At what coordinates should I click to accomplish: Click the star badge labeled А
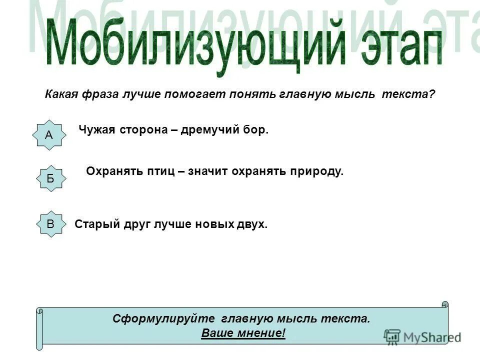click(49, 135)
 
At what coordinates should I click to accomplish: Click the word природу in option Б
click(315, 171)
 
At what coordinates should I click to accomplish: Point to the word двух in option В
click(252, 224)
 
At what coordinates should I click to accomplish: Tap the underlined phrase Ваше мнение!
click(243, 333)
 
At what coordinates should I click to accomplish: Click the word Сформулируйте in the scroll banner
click(163, 318)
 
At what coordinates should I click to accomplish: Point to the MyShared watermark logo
click(423, 337)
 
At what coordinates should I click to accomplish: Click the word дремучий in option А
click(205, 130)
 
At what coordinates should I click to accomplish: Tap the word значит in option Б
click(209, 171)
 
